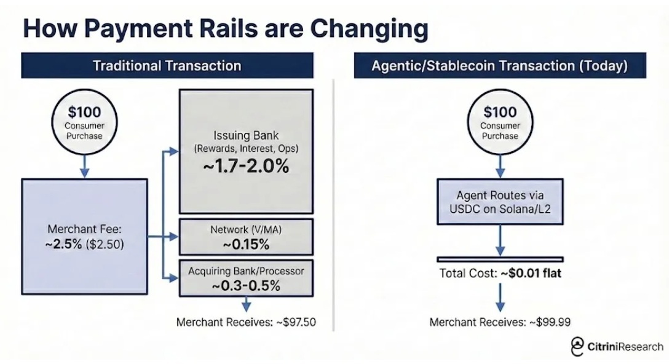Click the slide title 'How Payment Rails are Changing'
[226, 28]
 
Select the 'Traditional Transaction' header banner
[167, 65]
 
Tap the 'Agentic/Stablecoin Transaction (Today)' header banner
[500, 65]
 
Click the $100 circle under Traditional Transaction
[84, 122]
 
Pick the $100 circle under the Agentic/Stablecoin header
[500, 122]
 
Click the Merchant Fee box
[84, 237]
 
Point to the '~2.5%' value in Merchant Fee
[63, 244]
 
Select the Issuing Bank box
[246, 151]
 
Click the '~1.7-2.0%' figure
[246, 167]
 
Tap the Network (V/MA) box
[246, 237]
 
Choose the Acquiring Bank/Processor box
[246, 278]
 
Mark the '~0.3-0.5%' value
[246, 285]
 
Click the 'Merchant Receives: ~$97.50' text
[246, 322]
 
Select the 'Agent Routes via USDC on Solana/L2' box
[500, 202]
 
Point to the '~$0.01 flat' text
[531, 273]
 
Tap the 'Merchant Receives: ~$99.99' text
[500, 322]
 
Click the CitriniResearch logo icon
[577, 346]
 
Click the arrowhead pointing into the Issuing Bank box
[173, 151]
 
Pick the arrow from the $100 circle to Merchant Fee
[84, 167]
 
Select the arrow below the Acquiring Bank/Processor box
[246, 304]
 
